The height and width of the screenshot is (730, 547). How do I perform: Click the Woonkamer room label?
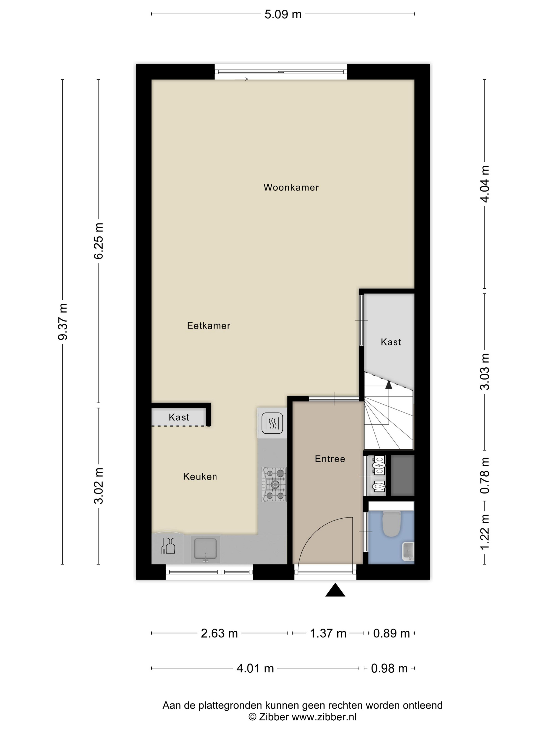[x=291, y=187]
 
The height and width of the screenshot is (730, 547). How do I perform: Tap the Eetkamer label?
[x=208, y=325]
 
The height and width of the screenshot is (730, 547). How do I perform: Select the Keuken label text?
[x=200, y=476]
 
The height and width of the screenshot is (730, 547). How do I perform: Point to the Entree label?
[x=330, y=459]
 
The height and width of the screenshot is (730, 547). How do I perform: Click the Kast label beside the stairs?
[x=391, y=342]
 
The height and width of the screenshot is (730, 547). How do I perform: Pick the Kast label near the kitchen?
[x=179, y=417]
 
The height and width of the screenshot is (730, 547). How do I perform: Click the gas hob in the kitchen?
[x=274, y=484]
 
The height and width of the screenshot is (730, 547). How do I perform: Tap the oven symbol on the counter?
[x=272, y=423]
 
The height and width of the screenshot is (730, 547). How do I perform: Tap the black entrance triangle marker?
[x=335, y=590]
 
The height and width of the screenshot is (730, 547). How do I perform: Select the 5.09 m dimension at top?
[x=283, y=14]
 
